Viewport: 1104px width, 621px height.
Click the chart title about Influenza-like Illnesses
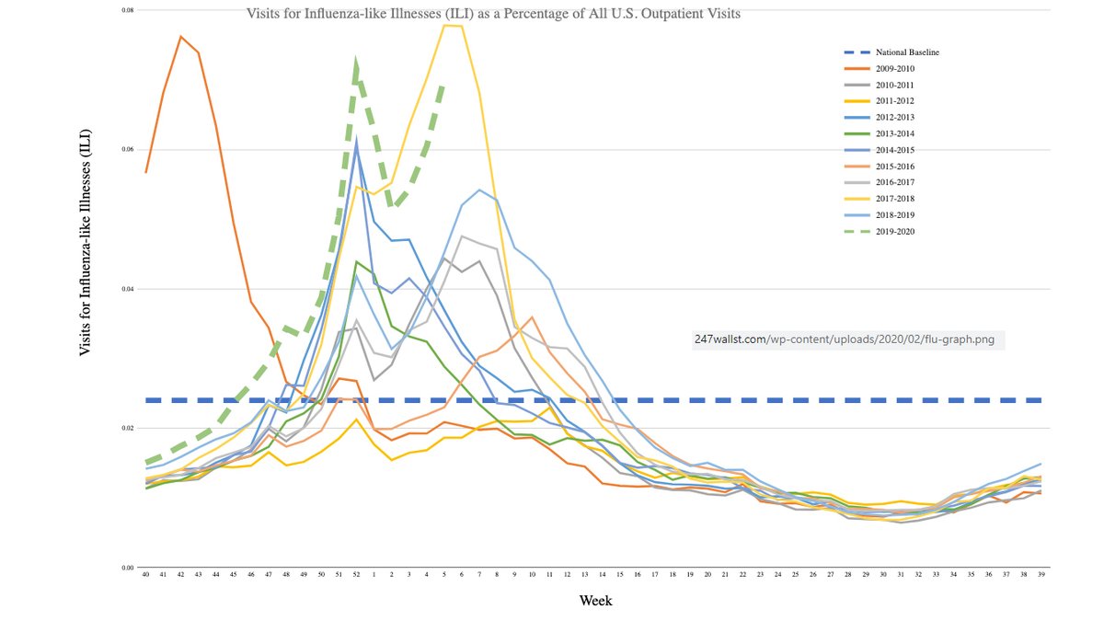[492, 15]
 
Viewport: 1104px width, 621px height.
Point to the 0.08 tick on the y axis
[128, 10]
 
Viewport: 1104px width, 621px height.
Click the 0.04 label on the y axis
[128, 289]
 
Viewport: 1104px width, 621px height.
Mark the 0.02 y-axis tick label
[128, 428]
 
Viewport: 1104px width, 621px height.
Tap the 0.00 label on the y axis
[128, 568]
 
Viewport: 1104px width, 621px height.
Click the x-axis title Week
[595, 601]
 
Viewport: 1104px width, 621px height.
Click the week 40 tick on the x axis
[145, 575]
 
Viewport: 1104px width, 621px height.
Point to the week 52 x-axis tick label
[357, 575]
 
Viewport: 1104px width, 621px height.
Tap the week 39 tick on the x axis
[1041, 575]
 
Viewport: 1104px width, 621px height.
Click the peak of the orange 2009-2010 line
[180, 37]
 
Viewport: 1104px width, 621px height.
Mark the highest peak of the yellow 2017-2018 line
[451, 26]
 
